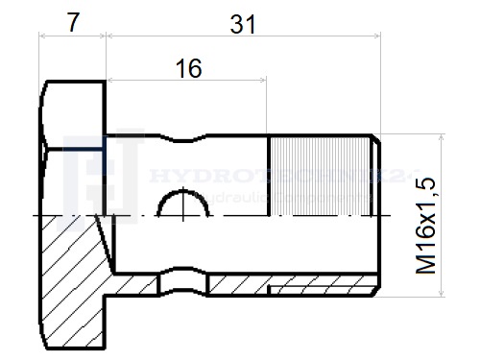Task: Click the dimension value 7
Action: pos(72,21)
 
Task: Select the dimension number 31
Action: pos(243,24)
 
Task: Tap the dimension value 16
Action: pos(188,69)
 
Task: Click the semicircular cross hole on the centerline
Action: pos(182,204)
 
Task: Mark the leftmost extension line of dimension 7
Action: pos(40,58)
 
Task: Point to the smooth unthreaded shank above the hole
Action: pos(221,163)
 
